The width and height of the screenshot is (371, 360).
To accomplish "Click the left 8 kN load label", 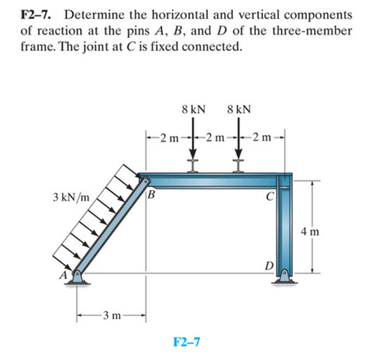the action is point(193,109).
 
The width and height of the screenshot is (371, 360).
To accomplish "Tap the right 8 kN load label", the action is point(239,109).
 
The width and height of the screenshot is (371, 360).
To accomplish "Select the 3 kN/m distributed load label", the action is point(71,197).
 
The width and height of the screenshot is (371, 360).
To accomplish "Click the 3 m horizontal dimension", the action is point(112,317).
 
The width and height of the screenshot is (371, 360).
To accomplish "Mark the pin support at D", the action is point(284,276).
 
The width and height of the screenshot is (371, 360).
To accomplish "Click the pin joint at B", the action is point(146,180).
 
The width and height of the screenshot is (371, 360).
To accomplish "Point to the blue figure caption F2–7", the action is point(187,340).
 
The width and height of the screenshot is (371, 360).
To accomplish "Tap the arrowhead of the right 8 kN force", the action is point(239,154).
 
